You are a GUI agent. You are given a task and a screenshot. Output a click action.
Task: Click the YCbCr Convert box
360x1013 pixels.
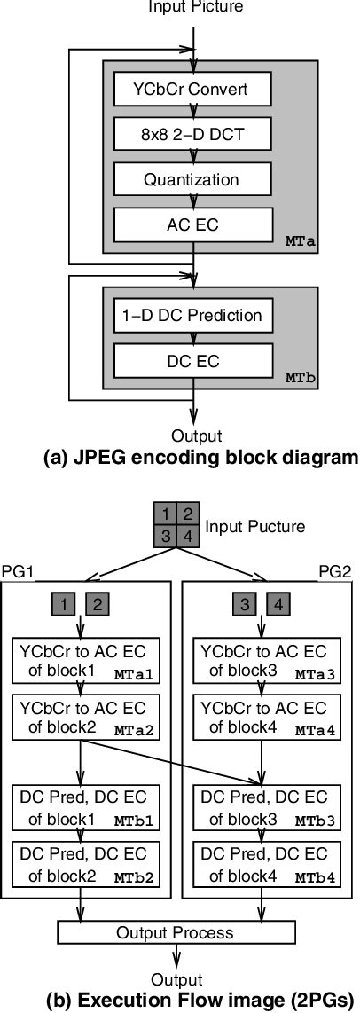pyautogui.click(x=192, y=89)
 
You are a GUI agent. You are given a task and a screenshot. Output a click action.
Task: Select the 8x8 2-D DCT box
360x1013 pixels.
pyautogui.click(x=192, y=134)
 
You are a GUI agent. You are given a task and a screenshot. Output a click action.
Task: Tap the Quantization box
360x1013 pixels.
pyautogui.click(x=192, y=179)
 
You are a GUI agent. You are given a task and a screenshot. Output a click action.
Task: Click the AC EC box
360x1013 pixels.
pyautogui.click(x=192, y=224)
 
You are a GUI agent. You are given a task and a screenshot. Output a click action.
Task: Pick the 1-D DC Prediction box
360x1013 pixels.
pyautogui.click(x=192, y=315)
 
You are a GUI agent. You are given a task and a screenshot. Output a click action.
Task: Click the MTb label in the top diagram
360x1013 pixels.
pyautogui.click(x=298, y=376)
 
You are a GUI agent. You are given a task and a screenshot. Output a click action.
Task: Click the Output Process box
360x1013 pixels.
pyautogui.click(x=175, y=932)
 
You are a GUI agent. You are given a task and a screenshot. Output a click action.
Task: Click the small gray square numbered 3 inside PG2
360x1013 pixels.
pyautogui.click(x=248, y=606)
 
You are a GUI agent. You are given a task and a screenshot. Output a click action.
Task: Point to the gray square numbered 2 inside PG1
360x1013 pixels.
pyautogui.click(x=98, y=606)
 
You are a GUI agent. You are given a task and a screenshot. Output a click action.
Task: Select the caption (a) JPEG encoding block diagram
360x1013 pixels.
pyautogui.click(x=187, y=459)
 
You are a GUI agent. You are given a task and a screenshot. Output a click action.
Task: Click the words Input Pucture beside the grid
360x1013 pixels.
pyautogui.click(x=255, y=526)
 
